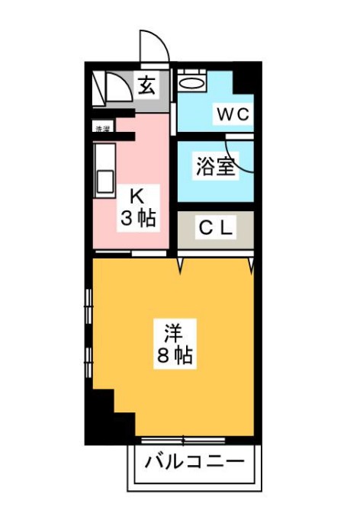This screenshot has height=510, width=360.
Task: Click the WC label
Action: (x=232, y=115)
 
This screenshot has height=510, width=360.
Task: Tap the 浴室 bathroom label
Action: (x=214, y=165)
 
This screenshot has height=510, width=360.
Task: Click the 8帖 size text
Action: (x=175, y=356)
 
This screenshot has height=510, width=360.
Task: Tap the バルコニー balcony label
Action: (x=194, y=461)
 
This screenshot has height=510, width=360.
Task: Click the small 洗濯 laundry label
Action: (x=101, y=128)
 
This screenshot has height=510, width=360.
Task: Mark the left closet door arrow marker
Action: (x=181, y=265)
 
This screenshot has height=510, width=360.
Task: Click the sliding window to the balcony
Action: (x=183, y=440)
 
